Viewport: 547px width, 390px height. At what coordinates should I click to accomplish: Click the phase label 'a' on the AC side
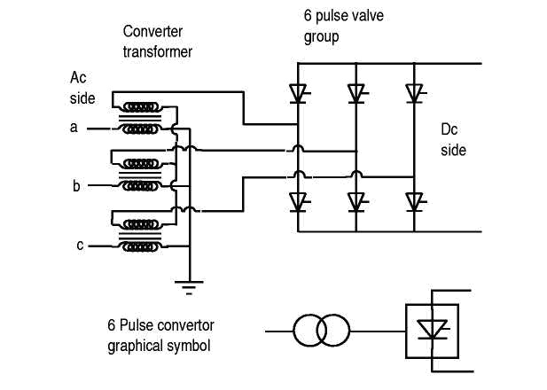74,128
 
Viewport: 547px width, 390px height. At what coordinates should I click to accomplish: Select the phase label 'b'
77,186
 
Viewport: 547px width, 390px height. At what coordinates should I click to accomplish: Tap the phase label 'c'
79,245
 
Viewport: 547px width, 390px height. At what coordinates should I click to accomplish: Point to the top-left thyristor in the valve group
298,92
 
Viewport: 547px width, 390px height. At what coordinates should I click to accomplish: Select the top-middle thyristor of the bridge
356,92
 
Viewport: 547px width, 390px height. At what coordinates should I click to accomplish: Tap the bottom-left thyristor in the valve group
298,201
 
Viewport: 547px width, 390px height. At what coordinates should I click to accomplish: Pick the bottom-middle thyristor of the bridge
356,201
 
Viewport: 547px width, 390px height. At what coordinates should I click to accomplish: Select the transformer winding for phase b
142,174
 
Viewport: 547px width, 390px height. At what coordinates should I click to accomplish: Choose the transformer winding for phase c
142,232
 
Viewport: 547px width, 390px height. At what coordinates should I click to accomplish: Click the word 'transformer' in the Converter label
157,51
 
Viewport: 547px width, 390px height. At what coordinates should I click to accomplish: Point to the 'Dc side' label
453,139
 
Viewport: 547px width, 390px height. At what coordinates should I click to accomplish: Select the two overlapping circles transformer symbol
322,332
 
